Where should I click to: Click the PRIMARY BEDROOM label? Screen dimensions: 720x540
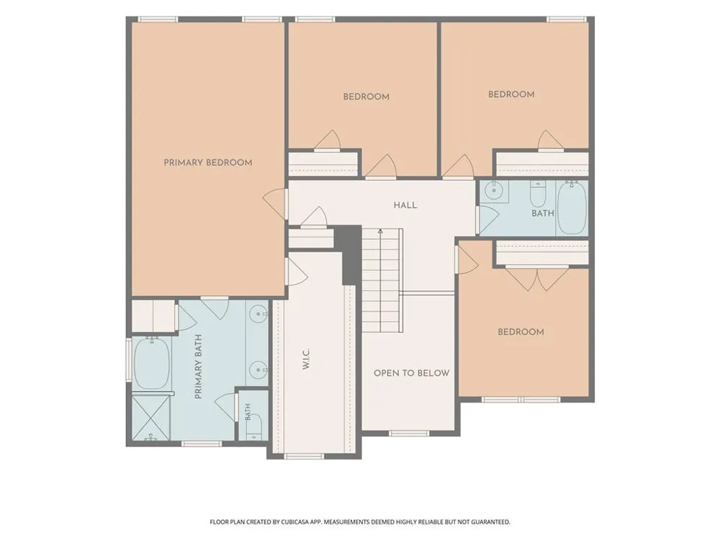[x=208, y=163]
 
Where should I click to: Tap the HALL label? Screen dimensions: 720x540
[x=405, y=205]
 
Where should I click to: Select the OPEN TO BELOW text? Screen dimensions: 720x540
[x=411, y=373]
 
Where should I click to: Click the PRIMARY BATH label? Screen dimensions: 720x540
[x=199, y=366]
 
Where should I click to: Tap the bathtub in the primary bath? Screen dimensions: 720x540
[x=152, y=363]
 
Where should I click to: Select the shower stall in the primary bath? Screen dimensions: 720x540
[x=151, y=418]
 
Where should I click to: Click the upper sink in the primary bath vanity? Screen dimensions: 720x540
[x=258, y=314]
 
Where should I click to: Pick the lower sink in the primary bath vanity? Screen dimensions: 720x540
[x=258, y=369]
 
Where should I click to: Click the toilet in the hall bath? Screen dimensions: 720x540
[x=537, y=194]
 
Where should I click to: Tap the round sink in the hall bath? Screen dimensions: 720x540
[x=494, y=189]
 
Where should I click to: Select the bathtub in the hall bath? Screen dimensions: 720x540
[x=572, y=207]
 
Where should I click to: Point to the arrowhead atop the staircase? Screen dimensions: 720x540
[x=380, y=231]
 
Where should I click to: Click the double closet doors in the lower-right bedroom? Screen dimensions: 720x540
[x=537, y=279]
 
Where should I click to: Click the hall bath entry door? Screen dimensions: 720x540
[x=487, y=220]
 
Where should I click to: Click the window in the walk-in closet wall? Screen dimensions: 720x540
[x=304, y=456]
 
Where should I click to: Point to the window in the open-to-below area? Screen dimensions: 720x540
[x=409, y=433]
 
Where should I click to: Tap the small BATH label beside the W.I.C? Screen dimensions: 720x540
[x=248, y=412]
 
